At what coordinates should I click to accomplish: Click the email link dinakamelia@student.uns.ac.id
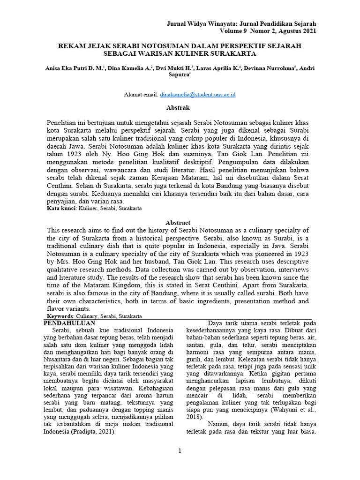pyautogui.click(x=197, y=94)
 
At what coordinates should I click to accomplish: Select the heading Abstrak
pyautogui.click(x=180, y=107)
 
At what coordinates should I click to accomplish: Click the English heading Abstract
pyautogui.click(x=178, y=223)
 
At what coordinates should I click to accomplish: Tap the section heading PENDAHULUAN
pyautogui.click(x=69, y=323)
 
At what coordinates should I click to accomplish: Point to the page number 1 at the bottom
pyautogui.click(x=179, y=451)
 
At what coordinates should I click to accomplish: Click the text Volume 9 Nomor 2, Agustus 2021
pyautogui.click(x=268, y=31)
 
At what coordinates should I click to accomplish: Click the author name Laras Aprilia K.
pyautogui.click(x=217, y=68)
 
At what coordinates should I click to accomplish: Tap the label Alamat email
pyautogui.click(x=141, y=94)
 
